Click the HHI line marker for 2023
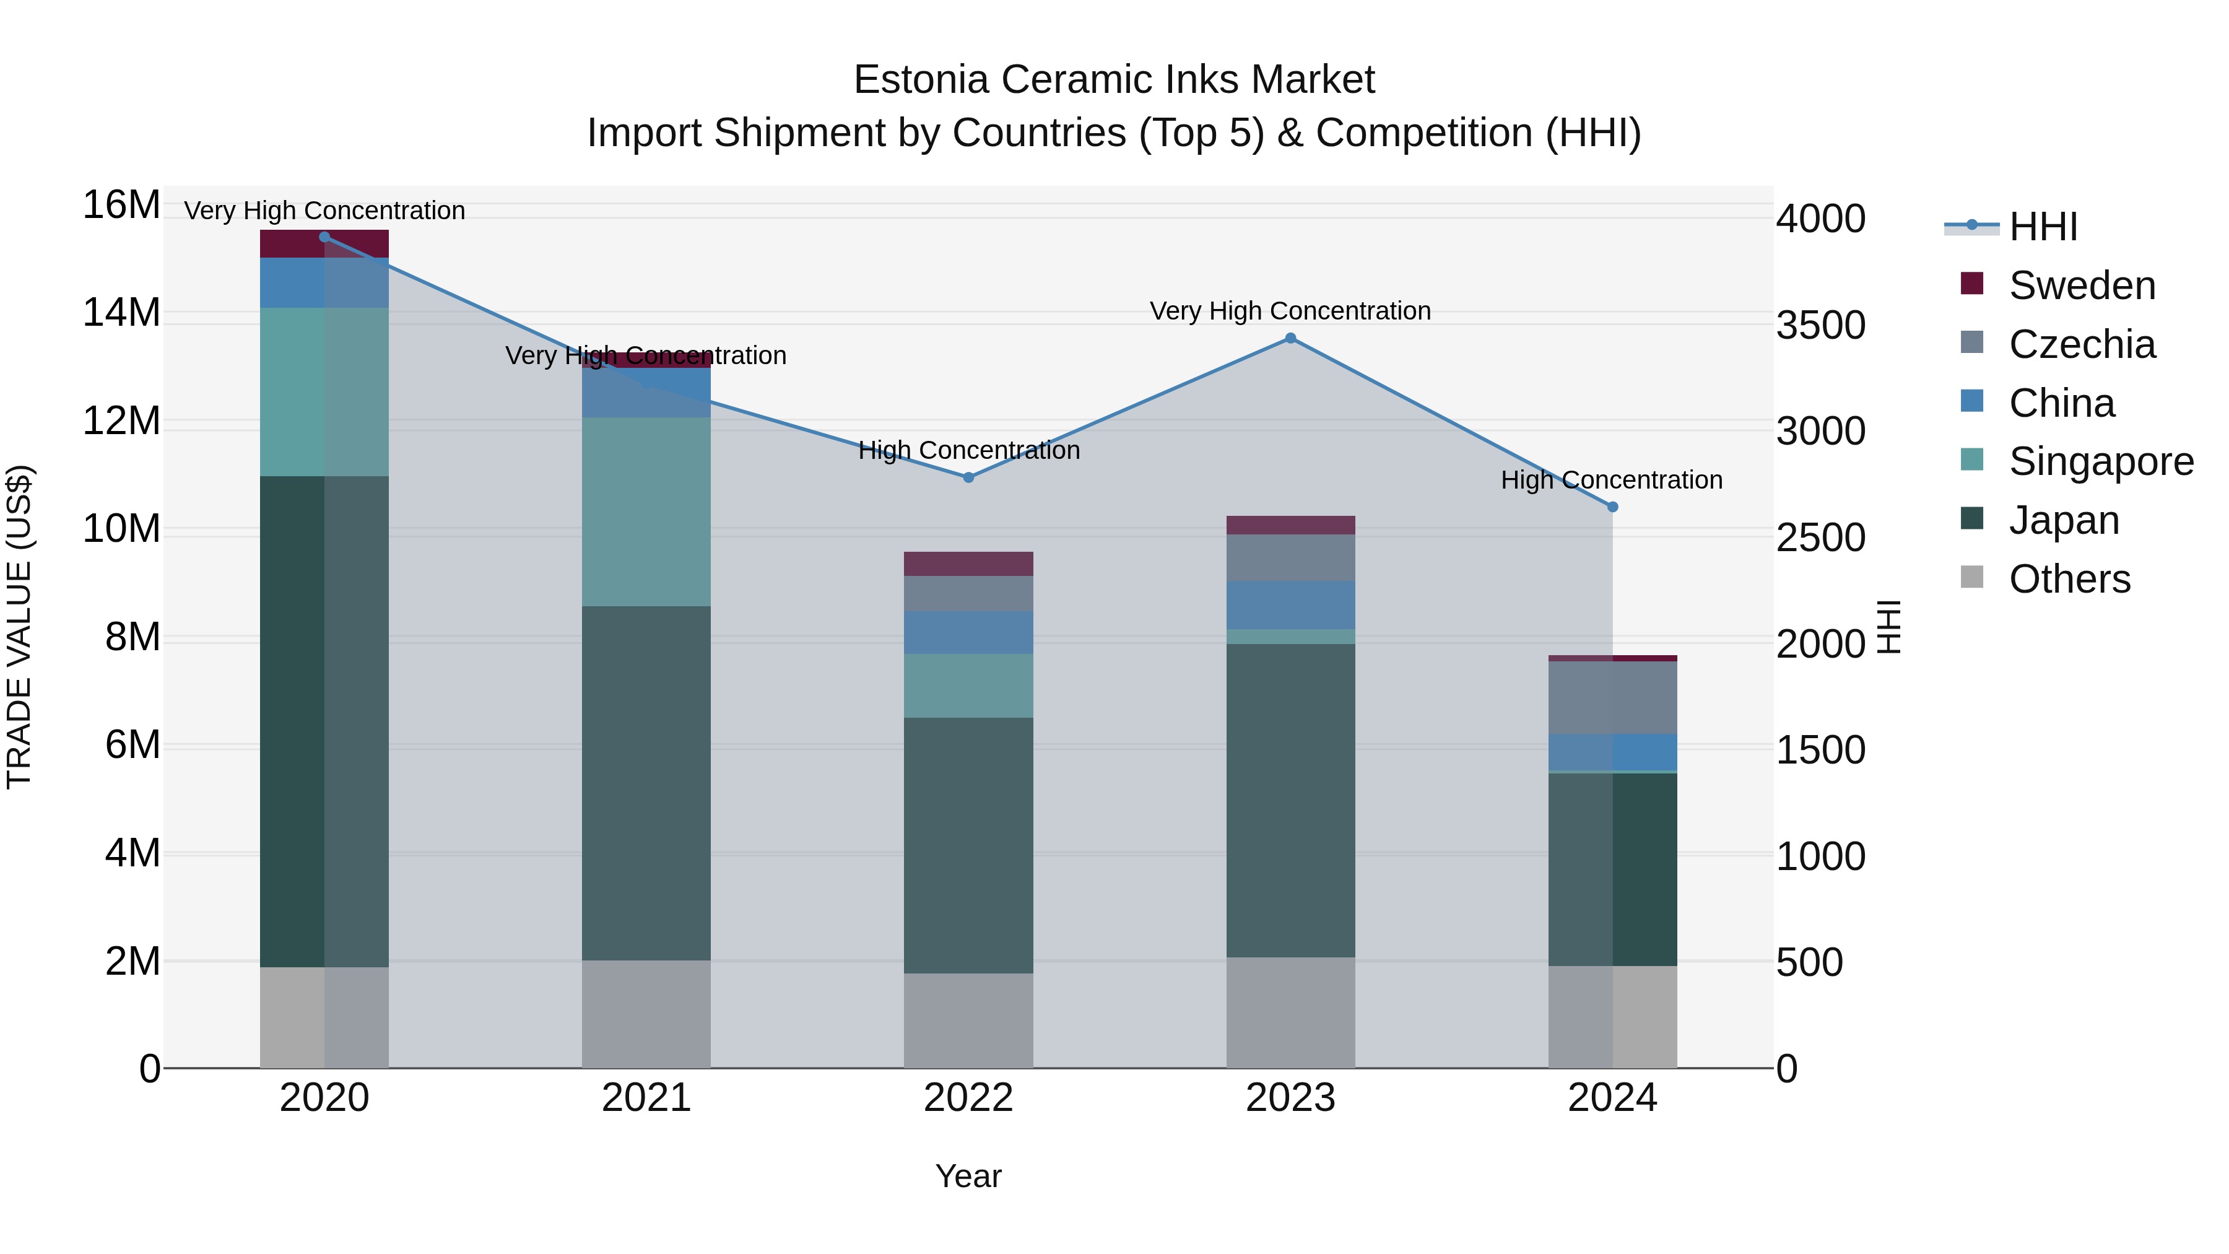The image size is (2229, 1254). coord(1290,338)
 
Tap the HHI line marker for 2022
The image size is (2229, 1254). coord(968,477)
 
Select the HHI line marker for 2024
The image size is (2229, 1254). coord(1612,507)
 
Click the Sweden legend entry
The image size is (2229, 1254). coord(2081,285)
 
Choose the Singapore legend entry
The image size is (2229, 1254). coord(2100,461)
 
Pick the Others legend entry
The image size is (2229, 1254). coord(2069,579)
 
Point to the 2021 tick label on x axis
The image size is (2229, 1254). coord(646,1098)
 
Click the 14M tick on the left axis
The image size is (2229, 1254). coord(121,313)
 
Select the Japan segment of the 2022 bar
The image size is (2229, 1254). coord(968,845)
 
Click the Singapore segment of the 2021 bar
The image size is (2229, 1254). coord(646,512)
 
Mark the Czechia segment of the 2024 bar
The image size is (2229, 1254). coord(1612,697)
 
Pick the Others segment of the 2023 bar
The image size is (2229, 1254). coord(1290,1012)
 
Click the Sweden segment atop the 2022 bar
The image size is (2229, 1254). coord(968,564)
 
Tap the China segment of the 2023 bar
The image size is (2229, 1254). coord(1290,605)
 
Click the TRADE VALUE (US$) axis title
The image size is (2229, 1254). coord(20,627)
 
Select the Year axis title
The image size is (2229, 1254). coord(968,1176)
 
